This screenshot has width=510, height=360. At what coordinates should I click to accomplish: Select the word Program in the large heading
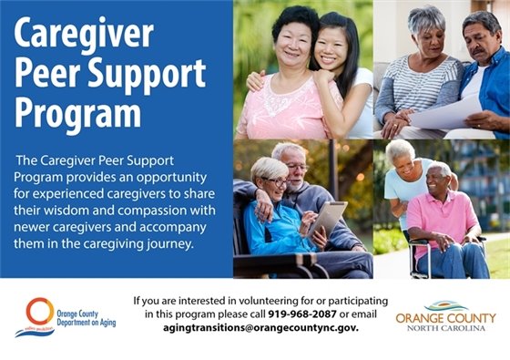[79, 114]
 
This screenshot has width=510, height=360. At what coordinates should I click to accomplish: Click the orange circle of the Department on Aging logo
[40, 312]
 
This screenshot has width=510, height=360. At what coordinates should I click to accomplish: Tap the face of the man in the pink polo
[439, 178]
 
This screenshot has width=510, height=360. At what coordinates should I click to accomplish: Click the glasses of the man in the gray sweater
[297, 166]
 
